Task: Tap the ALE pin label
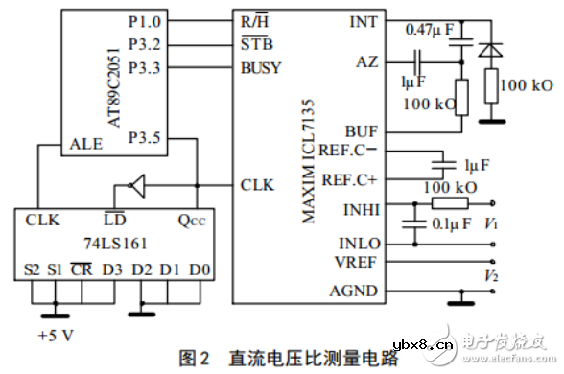click(80, 145)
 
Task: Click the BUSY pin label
click(262, 68)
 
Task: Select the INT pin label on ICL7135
click(364, 19)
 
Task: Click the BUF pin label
click(363, 131)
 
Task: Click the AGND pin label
click(356, 292)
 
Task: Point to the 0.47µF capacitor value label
click(433, 30)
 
